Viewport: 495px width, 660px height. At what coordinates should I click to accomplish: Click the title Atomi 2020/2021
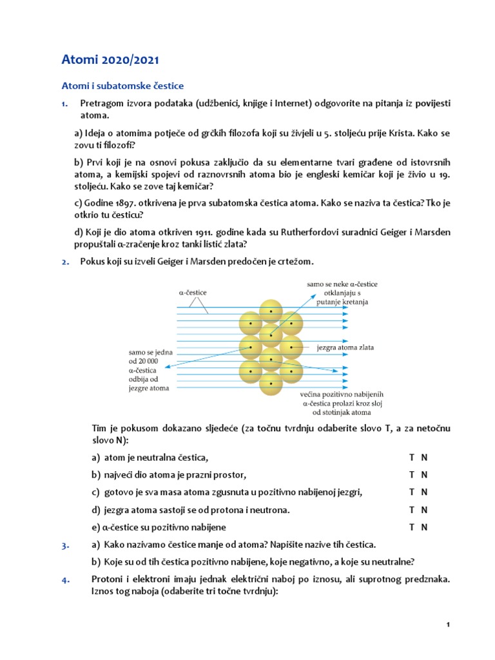pyautogui.click(x=110, y=61)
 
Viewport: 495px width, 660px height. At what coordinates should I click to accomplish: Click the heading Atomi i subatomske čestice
pyautogui.click(x=122, y=86)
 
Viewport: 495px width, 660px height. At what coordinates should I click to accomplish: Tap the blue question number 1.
pyautogui.click(x=64, y=103)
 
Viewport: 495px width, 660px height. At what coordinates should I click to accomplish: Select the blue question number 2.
pyautogui.click(x=64, y=261)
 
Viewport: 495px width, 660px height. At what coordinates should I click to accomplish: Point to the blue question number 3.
pyautogui.click(x=64, y=545)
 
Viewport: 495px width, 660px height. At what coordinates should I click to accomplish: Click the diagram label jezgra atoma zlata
pyautogui.click(x=345, y=347)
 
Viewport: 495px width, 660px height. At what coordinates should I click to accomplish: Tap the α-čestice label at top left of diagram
pyautogui.click(x=193, y=292)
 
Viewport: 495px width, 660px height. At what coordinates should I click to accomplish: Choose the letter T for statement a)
pyautogui.click(x=411, y=458)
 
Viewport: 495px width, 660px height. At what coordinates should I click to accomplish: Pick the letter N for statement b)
pyautogui.click(x=424, y=475)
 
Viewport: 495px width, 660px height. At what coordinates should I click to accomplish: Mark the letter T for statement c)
pyautogui.click(x=411, y=492)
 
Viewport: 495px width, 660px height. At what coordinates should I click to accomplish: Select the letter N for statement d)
pyautogui.click(x=424, y=510)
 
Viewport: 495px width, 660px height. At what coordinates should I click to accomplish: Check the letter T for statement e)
pyautogui.click(x=411, y=527)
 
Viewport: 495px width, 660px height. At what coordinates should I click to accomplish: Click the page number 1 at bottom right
pyautogui.click(x=447, y=625)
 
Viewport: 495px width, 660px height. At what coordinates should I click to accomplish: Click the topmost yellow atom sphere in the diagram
pyautogui.click(x=271, y=311)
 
